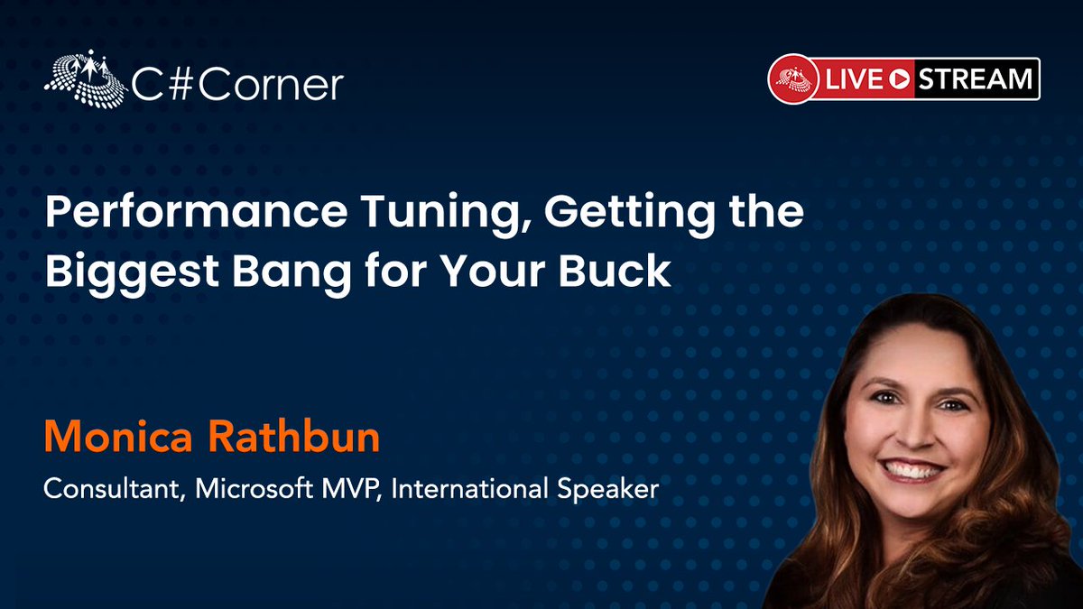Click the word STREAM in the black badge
coord(975,79)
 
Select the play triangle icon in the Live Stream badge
coord(897,79)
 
